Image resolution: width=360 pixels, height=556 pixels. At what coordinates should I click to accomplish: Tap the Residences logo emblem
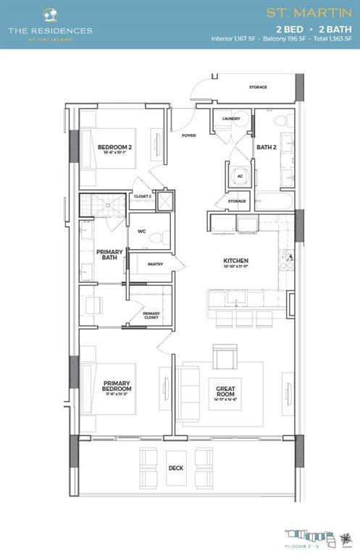pyautogui.click(x=50, y=14)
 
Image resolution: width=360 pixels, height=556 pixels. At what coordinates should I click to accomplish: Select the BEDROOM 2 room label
pyautogui.click(x=114, y=148)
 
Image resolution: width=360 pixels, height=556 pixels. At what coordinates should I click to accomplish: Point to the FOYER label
pyautogui.click(x=189, y=135)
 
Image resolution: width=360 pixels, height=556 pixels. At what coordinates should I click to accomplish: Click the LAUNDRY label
pyautogui.click(x=231, y=119)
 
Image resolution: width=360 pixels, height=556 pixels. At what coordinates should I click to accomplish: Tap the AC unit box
pyautogui.click(x=240, y=175)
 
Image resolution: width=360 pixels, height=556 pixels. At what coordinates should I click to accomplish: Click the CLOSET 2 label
pyautogui.click(x=143, y=196)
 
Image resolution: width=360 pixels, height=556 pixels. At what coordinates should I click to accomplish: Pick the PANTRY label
pyautogui.click(x=154, y=264)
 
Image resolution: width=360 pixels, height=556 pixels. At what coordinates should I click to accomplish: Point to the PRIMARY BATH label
pyautogui.click(x=109, y=254)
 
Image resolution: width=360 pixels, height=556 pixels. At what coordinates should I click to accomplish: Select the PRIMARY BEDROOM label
pyautogui.click(x=116, y=387)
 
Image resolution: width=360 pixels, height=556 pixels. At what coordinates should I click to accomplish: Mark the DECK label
pyautogui.click(x=176, y=468)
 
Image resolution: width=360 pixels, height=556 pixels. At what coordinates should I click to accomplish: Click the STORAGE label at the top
pyautogui.click(x=258, y=88)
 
